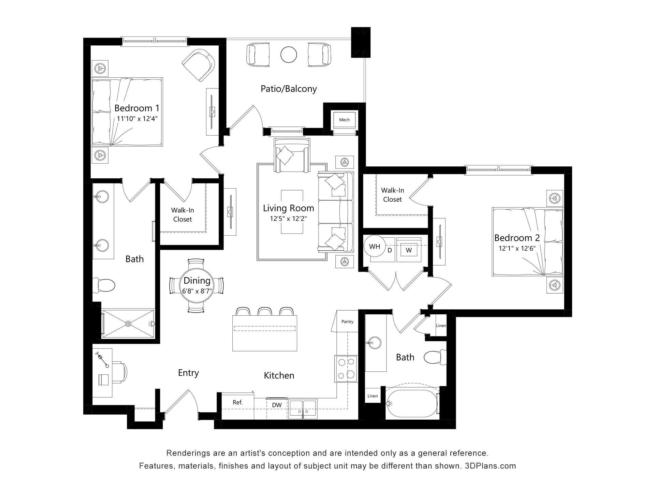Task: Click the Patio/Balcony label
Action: [289, 89]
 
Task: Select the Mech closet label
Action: [344, 120]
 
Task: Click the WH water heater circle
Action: [375, 246]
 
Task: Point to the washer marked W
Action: [409, 250]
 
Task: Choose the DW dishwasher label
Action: [277, 405]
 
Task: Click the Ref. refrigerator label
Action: [238, 402]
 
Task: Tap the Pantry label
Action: [347, 322]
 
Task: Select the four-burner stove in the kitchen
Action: [346, 369]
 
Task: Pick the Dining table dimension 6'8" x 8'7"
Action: [197, 291]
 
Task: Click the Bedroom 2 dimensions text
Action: [517, 249]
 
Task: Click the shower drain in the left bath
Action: [128, 323]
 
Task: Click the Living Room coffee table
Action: [292, 212]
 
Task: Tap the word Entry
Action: [188, 373]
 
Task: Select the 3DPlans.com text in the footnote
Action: [490, 466]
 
